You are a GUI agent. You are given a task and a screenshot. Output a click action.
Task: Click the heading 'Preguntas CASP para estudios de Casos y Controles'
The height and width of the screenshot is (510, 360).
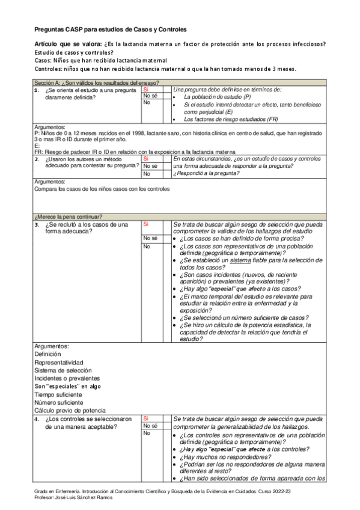(x=111, y=29)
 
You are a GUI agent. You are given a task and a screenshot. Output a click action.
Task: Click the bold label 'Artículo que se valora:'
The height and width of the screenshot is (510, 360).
(x=69, y=45)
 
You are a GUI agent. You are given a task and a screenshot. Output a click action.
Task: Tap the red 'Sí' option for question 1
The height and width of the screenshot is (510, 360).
(x=146, y=89)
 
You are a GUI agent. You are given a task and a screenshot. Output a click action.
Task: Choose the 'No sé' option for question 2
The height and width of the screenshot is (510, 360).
(x=150, y=166)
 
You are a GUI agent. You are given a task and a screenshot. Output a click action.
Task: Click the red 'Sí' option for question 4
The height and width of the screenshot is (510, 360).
(x=146, y=418)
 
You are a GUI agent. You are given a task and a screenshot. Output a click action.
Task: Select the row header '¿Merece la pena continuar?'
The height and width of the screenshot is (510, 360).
(x=69, y=217)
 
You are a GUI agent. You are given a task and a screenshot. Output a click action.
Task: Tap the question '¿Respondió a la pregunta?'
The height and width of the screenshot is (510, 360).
(x=206, y=174)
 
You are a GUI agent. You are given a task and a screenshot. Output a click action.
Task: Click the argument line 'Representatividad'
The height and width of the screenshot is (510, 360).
(x=59, y=363)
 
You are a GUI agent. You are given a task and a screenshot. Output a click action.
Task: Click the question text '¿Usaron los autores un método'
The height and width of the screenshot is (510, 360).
(x=84, y=159)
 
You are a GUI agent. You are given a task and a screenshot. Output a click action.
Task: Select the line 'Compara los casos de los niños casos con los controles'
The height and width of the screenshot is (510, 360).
(x=102, y=189)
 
